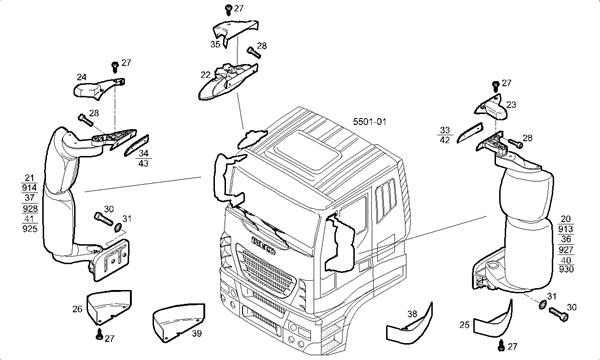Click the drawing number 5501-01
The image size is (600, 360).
tap(369, 122)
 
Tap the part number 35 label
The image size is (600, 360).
tap(215, 45)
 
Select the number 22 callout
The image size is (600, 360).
tap(205, 75)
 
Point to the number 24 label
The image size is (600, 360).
tap(81, 76)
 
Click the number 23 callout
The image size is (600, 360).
tap(510, 104)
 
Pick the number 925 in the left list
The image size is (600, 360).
tap(28, 229)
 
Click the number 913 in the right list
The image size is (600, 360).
tap(567, 228)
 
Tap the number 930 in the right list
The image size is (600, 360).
tap(567, 269)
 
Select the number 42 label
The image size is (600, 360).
tap(445, 141)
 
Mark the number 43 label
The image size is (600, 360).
tap(144, 163)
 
